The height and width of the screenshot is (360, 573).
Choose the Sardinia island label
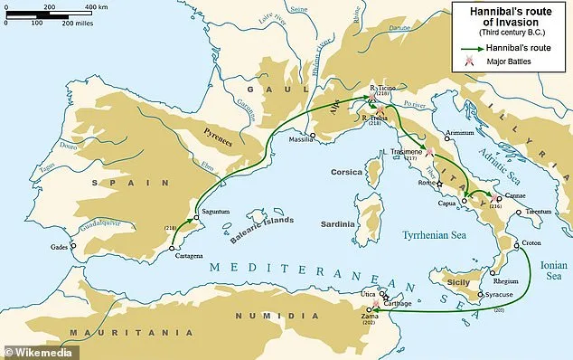pyautogui.click(x=341, y=221)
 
